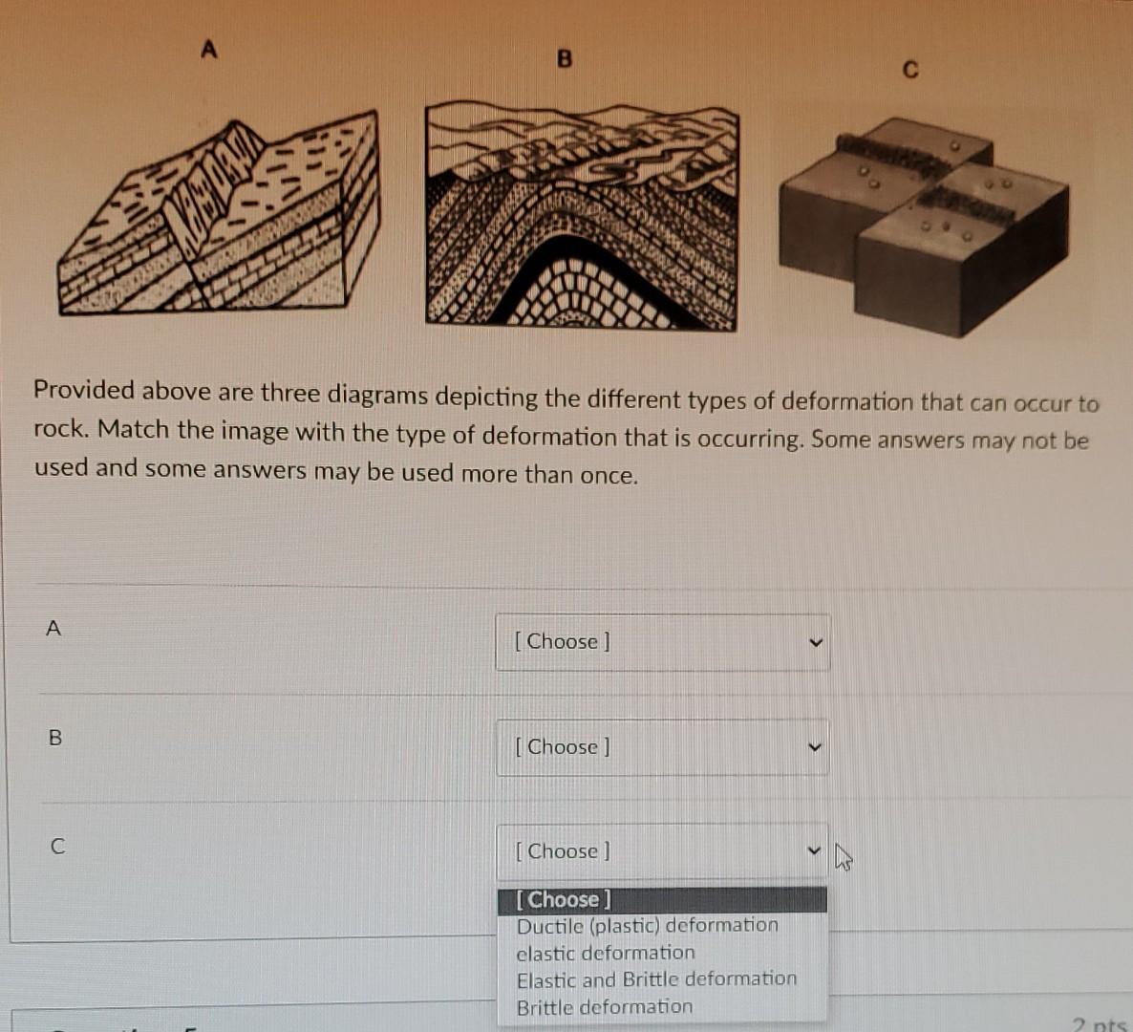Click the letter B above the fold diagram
(x=564, y=59)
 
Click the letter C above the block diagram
(x=909, y=70)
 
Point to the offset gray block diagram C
(x=923, y=226)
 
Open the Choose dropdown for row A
(x=662, y=642)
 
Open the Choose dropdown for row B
(x=662, y=747)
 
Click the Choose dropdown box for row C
(x=662, y=851)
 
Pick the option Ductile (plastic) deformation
(x=647, y=926)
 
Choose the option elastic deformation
(x=606, y=953)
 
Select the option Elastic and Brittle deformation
(x=656, y=979)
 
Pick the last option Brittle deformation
(x=604, y=1007)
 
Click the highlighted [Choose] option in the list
(x=564, y=899)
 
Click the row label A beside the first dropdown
(x=53, y=628)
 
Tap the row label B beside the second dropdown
(x=55, y=738)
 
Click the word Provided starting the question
(x=84, y=390)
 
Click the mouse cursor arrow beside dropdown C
(x=843, y=856)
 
